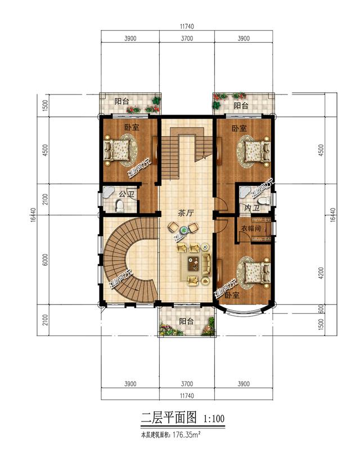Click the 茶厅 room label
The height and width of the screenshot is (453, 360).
186,213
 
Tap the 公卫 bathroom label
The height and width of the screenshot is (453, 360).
127,194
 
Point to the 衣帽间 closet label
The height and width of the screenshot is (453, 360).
251,229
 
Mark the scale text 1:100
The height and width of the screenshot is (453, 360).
213,419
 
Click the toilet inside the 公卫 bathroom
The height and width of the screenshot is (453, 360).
119,206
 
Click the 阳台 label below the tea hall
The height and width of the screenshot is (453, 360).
186,321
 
